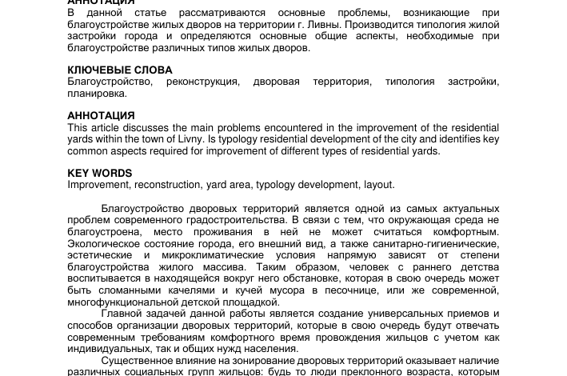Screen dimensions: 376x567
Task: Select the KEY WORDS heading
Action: click(x=100, y=174)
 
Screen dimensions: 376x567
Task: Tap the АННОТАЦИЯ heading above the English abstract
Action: click(x=101, y=116)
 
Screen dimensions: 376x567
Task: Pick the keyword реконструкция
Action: click(x=202, y=82)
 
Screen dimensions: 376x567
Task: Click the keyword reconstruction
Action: click(x=167, y=185)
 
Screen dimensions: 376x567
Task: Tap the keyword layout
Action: click(x=378, y=185)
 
